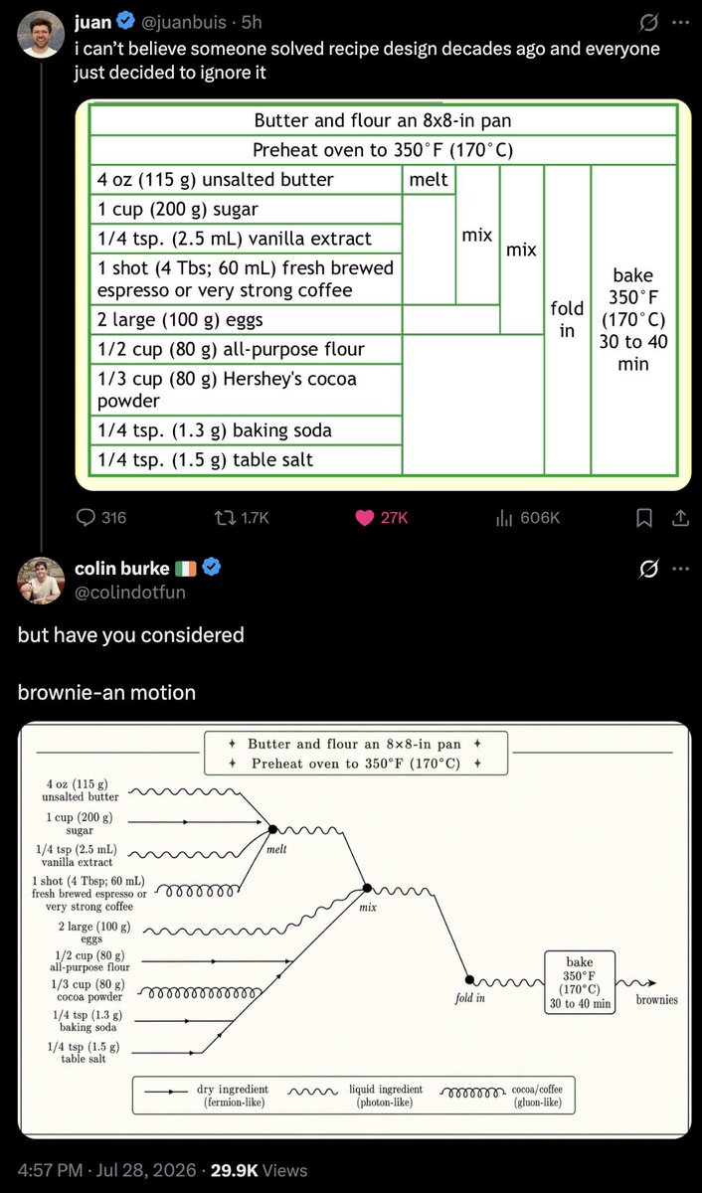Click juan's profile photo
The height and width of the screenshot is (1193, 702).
click(41, 34)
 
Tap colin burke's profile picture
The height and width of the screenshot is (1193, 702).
click(41, 581)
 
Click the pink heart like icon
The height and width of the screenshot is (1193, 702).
click(364, 518)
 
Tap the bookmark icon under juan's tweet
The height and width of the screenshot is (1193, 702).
click(644, 518)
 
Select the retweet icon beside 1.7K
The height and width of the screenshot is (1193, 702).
click(225, 518)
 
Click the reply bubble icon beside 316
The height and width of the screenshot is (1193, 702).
click(86, 517)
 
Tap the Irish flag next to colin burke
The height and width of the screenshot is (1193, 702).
click(186, 569)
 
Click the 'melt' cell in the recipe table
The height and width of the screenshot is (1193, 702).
click(429, 180)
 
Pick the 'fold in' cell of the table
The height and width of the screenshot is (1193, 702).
click(567, 319)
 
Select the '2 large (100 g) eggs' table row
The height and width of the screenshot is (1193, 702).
click(246, 320)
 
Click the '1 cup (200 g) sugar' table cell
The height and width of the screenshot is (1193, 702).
click(246, 210)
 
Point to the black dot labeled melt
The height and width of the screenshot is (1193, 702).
click(272, 829)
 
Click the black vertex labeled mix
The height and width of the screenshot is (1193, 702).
click(367, 888)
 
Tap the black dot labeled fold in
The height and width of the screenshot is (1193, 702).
click(469, 979)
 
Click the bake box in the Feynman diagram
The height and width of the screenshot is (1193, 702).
click(580, 982)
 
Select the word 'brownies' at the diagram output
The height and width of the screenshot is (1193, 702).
click(656, 1000)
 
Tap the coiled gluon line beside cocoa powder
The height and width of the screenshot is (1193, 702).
click(200, 993)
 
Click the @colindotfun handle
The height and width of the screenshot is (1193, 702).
click(130, 593)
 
